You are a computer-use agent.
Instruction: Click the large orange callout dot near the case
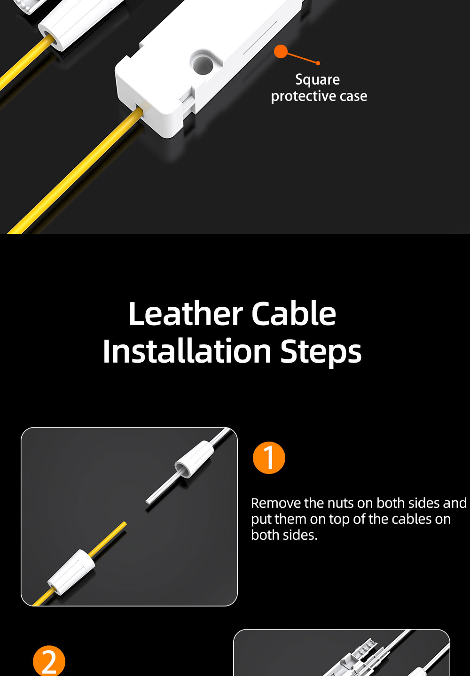click(281, 51)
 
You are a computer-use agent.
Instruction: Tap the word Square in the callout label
click(318, 80)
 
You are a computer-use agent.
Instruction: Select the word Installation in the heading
click(187, 351)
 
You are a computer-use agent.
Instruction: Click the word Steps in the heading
click(321, 352)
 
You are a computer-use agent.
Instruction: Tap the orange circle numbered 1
click(269, 458)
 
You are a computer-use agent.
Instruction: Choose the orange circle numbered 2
click(49, 661)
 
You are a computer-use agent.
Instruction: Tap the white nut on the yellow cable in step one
click(71, 572)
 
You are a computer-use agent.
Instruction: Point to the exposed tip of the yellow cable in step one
click(125, 523)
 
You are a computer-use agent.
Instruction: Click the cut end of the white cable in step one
click(148, 502)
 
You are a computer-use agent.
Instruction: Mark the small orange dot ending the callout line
click(318, 63)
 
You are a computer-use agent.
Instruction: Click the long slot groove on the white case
click(259, 38)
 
